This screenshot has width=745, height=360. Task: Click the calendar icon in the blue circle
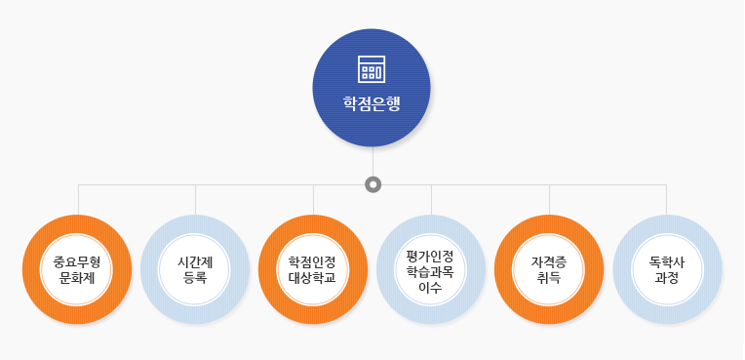coord(372,69)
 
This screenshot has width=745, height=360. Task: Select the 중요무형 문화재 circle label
coord(77,269)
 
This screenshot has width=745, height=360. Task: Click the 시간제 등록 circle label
coord(195,269)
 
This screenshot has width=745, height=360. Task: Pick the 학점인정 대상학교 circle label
coord(313,269)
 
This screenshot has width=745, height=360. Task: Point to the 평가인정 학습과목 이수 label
coord(431,270)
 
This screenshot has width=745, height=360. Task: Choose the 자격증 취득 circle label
coord(549,269)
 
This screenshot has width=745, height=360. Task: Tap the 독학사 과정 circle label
coord(667,269)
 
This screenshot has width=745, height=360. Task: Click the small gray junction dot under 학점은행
coord(372,183)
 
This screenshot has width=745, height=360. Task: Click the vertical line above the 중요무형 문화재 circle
coord(78,199)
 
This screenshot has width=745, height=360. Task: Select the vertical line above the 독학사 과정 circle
coord(667,199)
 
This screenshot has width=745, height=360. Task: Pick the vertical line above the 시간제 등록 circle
coord(196,199)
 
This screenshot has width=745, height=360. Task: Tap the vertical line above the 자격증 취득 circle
coord(549,199)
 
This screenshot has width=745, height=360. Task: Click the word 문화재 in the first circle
coord(77,278)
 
